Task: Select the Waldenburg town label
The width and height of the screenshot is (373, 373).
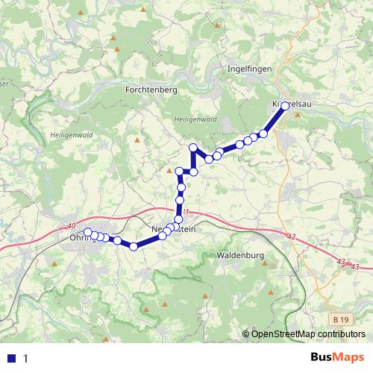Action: [240, 255]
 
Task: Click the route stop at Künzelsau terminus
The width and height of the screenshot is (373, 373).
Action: [285, 106]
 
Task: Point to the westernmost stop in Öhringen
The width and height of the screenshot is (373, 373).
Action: [87, 232]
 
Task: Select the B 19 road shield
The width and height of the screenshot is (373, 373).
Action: [341, 319]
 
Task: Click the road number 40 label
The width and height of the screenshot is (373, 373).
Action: [71, 226]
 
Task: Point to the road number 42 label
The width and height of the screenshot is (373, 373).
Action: [291, 236]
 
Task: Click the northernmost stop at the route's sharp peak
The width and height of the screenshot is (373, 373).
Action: [192, 147]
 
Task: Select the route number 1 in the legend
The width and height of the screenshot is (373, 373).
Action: [26, 358]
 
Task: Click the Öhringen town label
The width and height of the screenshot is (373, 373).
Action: [81, 238]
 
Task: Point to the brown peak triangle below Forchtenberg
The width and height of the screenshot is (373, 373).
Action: [137, 139]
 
